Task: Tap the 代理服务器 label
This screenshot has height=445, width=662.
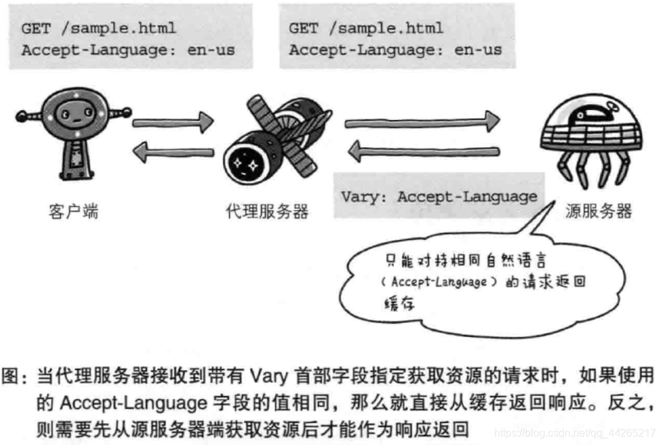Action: click(x=267, y=212)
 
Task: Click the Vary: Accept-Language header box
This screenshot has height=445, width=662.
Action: click(x=438, y=196)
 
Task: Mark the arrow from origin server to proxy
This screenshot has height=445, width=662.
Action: click(x=425, y=153)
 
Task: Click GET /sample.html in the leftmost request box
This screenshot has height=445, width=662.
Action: click(x=99, y=29)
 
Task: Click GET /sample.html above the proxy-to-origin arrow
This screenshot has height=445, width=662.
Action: click(x=366, y=29)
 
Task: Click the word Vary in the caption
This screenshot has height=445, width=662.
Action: click(x=268, y=378)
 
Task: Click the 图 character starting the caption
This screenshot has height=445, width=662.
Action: click(x=11, y=379)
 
